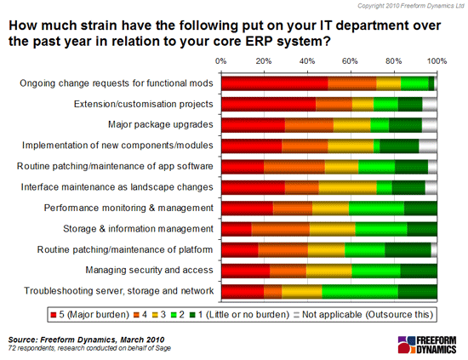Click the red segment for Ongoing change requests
275,83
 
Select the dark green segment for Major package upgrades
405,125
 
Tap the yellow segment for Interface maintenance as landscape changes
347,187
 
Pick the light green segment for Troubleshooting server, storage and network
360,291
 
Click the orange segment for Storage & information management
280,229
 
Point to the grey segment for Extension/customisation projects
430,104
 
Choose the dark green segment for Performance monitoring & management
420,209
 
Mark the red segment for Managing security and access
246,271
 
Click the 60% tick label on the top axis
350,61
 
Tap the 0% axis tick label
221,61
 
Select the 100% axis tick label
437,61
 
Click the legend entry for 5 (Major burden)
90,315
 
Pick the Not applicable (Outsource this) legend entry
363,315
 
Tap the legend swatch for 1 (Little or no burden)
192,315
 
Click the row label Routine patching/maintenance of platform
125,249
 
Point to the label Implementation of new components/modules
117,146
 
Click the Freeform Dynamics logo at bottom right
427,345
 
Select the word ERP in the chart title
258,41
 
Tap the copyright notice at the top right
411,6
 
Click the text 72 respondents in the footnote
31,348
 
